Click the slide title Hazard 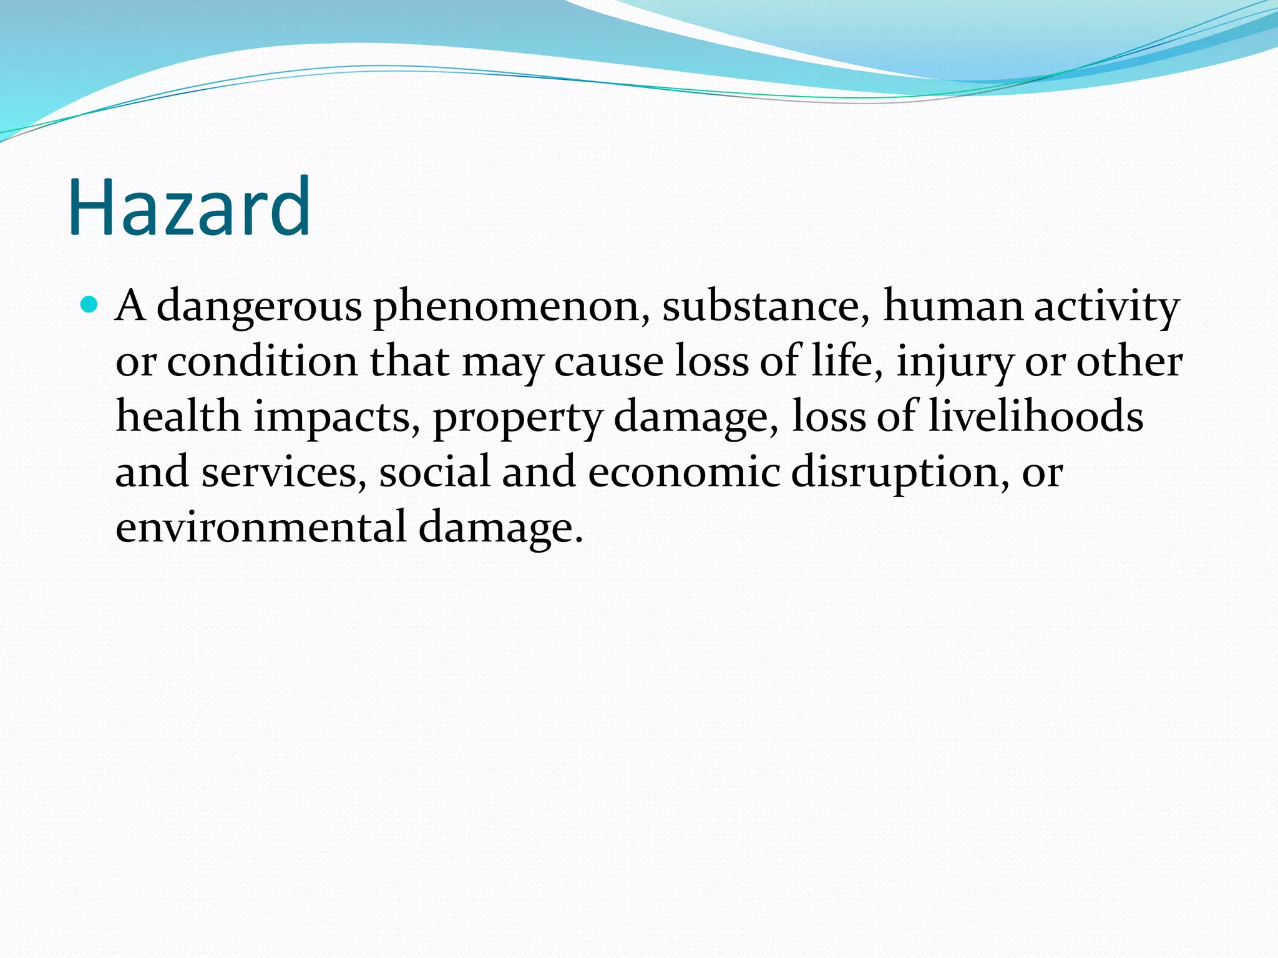coord(189,207)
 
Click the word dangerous coord(258,307)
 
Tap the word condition coord(262,362)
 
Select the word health coord(178,417)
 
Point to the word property coord(517,418)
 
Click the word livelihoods coord(1036,417)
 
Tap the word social coord(434,472)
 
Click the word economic coord(683,472)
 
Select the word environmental coord(261,527)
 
